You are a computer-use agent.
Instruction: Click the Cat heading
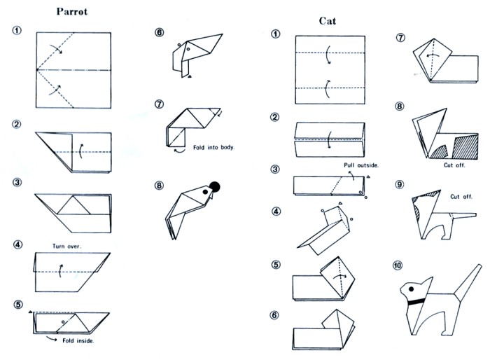click(x=327, y=21)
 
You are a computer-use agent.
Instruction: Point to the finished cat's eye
click(x=408, y=287)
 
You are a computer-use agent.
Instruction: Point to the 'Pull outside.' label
click(x=361, y=165)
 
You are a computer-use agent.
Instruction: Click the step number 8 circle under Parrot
click(x=160, y=186)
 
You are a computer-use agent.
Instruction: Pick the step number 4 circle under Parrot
click(x=17, y=244)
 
